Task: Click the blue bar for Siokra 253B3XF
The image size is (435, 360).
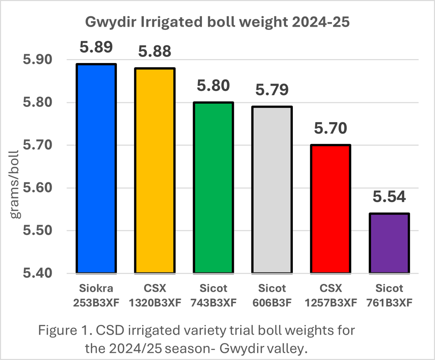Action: [96, 168]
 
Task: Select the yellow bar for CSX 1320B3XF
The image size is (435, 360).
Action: [155, 170]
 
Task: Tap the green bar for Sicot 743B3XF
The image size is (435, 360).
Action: [213, 187]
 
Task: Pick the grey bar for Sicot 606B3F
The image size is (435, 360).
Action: [272, 189]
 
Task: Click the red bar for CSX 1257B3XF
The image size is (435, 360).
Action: [331, 209]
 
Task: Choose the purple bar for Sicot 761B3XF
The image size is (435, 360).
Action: [389, 243]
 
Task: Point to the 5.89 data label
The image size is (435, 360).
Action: [96, 47]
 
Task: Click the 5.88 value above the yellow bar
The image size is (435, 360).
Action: [155, 51]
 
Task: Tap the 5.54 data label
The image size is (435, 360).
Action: [389, 197]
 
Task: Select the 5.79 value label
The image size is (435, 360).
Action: [272, 89]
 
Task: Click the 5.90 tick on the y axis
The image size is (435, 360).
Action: [40, 60]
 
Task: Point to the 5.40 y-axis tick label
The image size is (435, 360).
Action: [40, 273]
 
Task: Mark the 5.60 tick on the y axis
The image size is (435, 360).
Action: [40, 188]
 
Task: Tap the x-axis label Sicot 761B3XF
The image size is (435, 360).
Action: [389, 295]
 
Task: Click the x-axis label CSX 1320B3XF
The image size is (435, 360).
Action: [155, 295]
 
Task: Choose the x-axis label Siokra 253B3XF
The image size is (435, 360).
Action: [96, 295]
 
